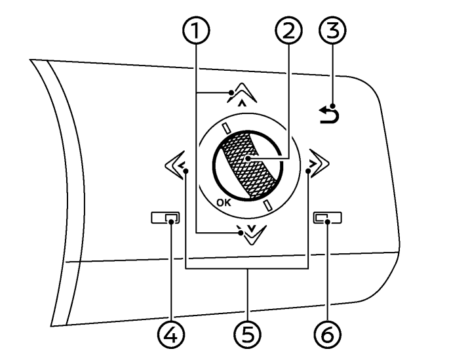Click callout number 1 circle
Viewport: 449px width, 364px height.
196,30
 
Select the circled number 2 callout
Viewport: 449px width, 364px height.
288,30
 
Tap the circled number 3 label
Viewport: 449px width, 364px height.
332,30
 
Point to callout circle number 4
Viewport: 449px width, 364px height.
171,334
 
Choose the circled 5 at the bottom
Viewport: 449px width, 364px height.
247,334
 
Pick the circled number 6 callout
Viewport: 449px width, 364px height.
328,334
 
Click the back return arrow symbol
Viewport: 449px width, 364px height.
329,115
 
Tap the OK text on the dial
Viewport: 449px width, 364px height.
224,203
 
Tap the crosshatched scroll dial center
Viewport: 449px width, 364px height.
248,165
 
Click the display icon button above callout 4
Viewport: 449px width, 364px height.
165,218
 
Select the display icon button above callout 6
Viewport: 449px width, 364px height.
328,218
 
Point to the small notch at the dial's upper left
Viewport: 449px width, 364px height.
227,129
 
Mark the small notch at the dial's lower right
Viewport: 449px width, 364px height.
267,206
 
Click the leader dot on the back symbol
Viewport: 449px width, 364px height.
333,106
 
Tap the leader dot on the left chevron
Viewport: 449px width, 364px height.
186,171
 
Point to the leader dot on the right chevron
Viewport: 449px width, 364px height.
308,171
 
